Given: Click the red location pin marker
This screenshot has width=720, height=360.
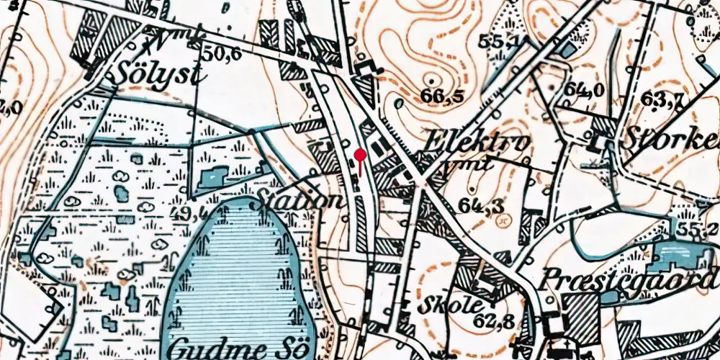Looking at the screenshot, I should [360, 154].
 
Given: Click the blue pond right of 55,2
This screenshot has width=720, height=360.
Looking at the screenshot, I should [680, 256].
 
